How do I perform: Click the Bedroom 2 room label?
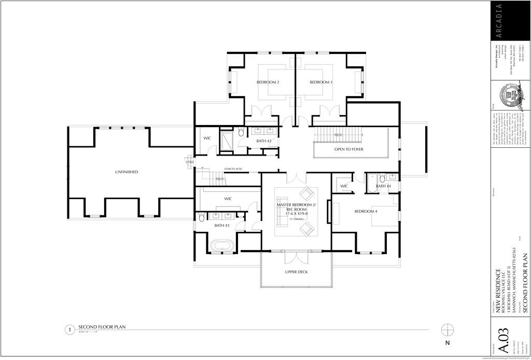(x=268, y=82)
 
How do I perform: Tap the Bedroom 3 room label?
(x=321, y=82)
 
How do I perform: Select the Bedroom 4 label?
(x=366, y=212)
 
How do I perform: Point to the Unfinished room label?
(x=127, y=172)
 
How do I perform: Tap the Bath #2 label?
(x=264, y=141)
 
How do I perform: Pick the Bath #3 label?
(x=222, y=226)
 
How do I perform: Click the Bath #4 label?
(x=383, y=186)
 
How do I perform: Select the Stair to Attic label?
(x=234, y=169)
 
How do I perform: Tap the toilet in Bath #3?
(x=202, y=218)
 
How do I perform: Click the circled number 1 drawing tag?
(x=68, y=329)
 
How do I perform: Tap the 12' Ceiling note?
(x=296, y=219)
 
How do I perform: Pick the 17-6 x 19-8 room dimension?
(x=296, y=212)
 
